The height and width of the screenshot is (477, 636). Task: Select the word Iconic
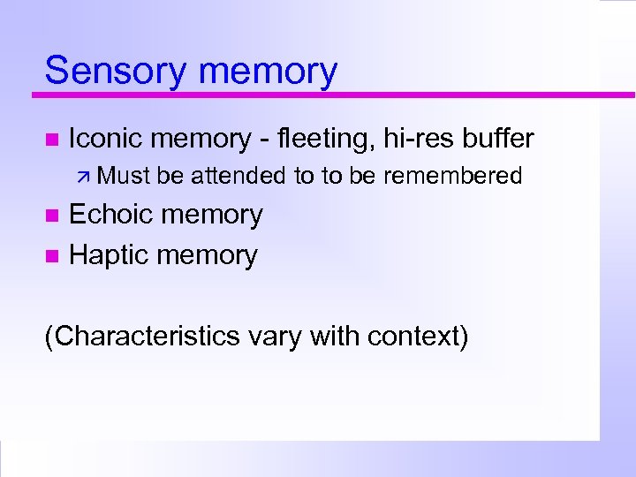coord(106,139)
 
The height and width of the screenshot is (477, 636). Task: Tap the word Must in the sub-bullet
coord(126,177)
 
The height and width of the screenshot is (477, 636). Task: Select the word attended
coord(239,177)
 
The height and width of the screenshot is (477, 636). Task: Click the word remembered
coord(453,177)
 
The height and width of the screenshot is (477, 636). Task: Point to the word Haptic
coord(110,256)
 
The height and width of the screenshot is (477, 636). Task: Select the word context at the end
coord(417,337)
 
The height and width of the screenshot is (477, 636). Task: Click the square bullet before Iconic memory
coord(51,140)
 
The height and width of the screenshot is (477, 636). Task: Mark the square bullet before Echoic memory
coord(51,216)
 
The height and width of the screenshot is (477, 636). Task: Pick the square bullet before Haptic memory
coord(51,256)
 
